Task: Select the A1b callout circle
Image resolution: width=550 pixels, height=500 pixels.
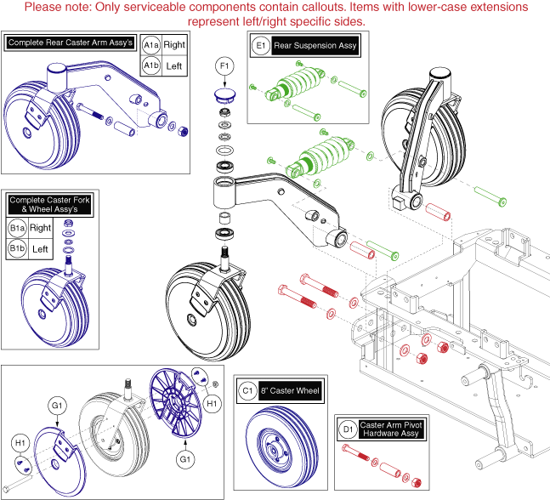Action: (151, 65)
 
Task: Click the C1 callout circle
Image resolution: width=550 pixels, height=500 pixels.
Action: (247, 391)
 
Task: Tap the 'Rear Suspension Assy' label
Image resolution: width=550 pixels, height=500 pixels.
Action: (315, 45)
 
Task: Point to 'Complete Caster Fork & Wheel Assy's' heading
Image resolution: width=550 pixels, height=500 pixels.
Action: (50, 205)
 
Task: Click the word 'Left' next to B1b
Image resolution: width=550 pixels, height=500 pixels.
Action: (40, 249)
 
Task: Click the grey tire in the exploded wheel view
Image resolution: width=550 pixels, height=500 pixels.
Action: (107, 422)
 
